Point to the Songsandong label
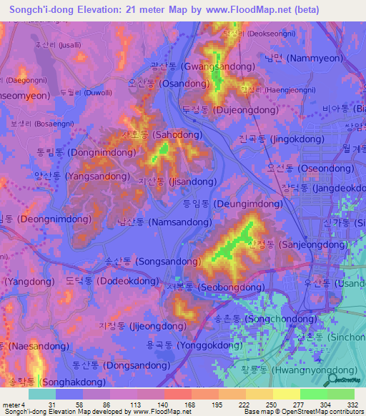point(148,262)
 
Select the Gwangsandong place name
point(202,66)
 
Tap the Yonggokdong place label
point(194,345)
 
